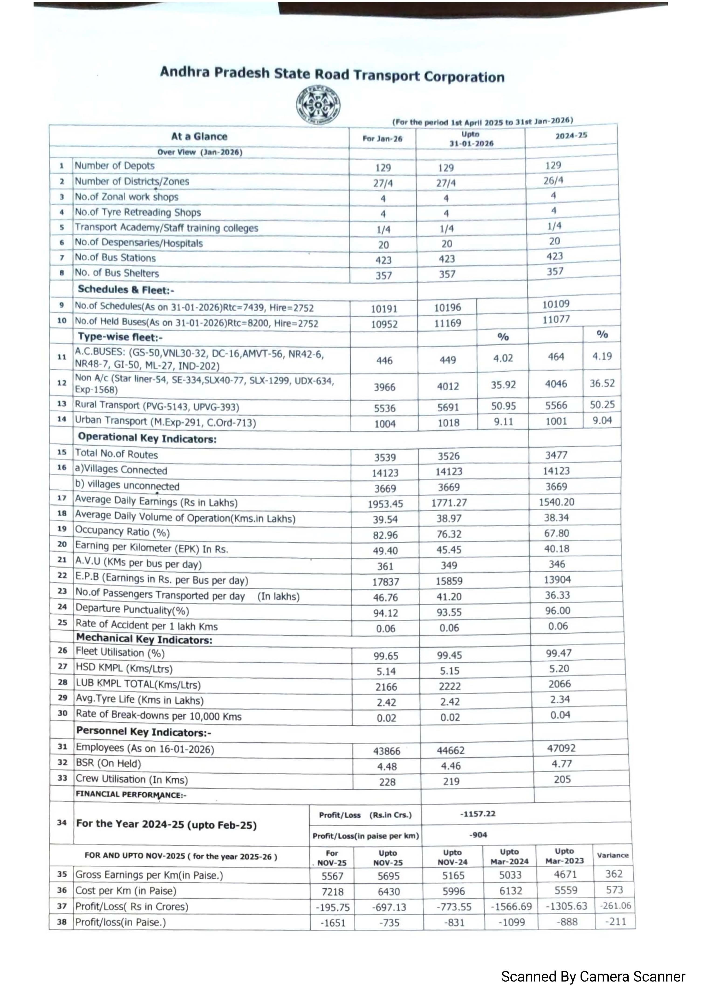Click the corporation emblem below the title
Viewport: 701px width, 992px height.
coord(318,105)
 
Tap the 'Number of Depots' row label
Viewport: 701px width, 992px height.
coord(114,165)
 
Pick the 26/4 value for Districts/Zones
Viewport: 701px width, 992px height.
coord(553,180)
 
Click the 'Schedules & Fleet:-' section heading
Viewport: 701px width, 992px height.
coord(126,289)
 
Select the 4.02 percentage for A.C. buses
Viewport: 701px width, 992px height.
coord(503,358)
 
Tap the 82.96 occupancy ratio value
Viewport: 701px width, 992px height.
coord(385,535)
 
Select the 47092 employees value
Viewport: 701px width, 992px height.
coord(561,748)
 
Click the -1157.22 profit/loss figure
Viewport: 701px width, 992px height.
coord(478,814)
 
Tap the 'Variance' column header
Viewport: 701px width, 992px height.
coord(612,855)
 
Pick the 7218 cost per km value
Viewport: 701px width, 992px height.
coord(333,891)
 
